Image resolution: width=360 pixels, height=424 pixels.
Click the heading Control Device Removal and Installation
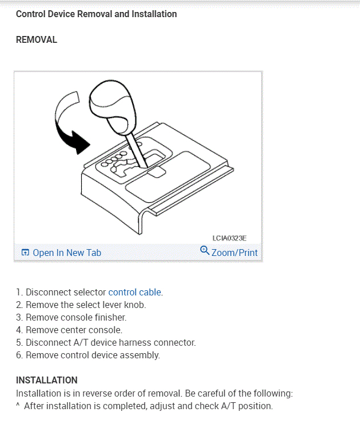point(96,14)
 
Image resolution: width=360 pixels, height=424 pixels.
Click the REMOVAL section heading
point(37,40)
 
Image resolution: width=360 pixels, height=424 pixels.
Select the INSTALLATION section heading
point(47,380)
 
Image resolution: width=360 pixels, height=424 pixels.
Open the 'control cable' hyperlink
point(135,292)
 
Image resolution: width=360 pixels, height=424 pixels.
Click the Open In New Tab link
point(67,253)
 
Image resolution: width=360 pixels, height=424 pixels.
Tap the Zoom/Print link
point(234,253)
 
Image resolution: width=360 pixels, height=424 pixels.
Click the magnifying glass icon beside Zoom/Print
point(205,250)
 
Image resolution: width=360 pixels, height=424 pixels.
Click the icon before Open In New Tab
point(25,253)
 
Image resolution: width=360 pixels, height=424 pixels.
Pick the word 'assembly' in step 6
point(141,355)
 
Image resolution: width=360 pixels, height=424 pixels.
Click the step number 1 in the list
point(19,292)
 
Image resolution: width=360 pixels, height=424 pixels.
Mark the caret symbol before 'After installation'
point(18,406)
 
